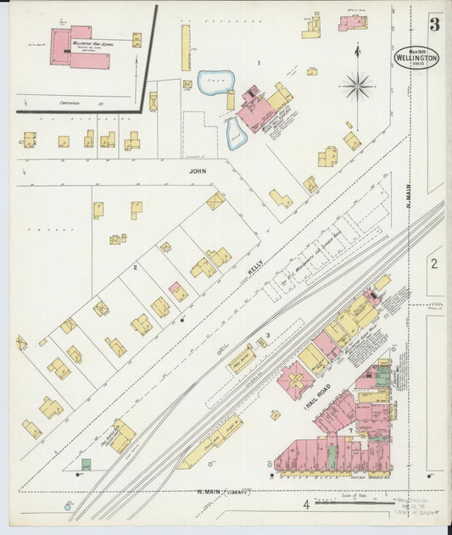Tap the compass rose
[x=358, y=86]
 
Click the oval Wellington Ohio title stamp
[x=416, y=57]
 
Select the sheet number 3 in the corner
[x=433, y=24]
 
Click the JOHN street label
[x=198, y=169]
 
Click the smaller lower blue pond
[x=232, y=133]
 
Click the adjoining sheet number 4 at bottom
[x=306, y=506]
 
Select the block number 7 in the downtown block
[x=349, y=432]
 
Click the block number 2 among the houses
[x=135, y=268]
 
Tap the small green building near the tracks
[x=86, y=464]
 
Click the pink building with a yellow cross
[x=295, y=381]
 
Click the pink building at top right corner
[x=353, y=23]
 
